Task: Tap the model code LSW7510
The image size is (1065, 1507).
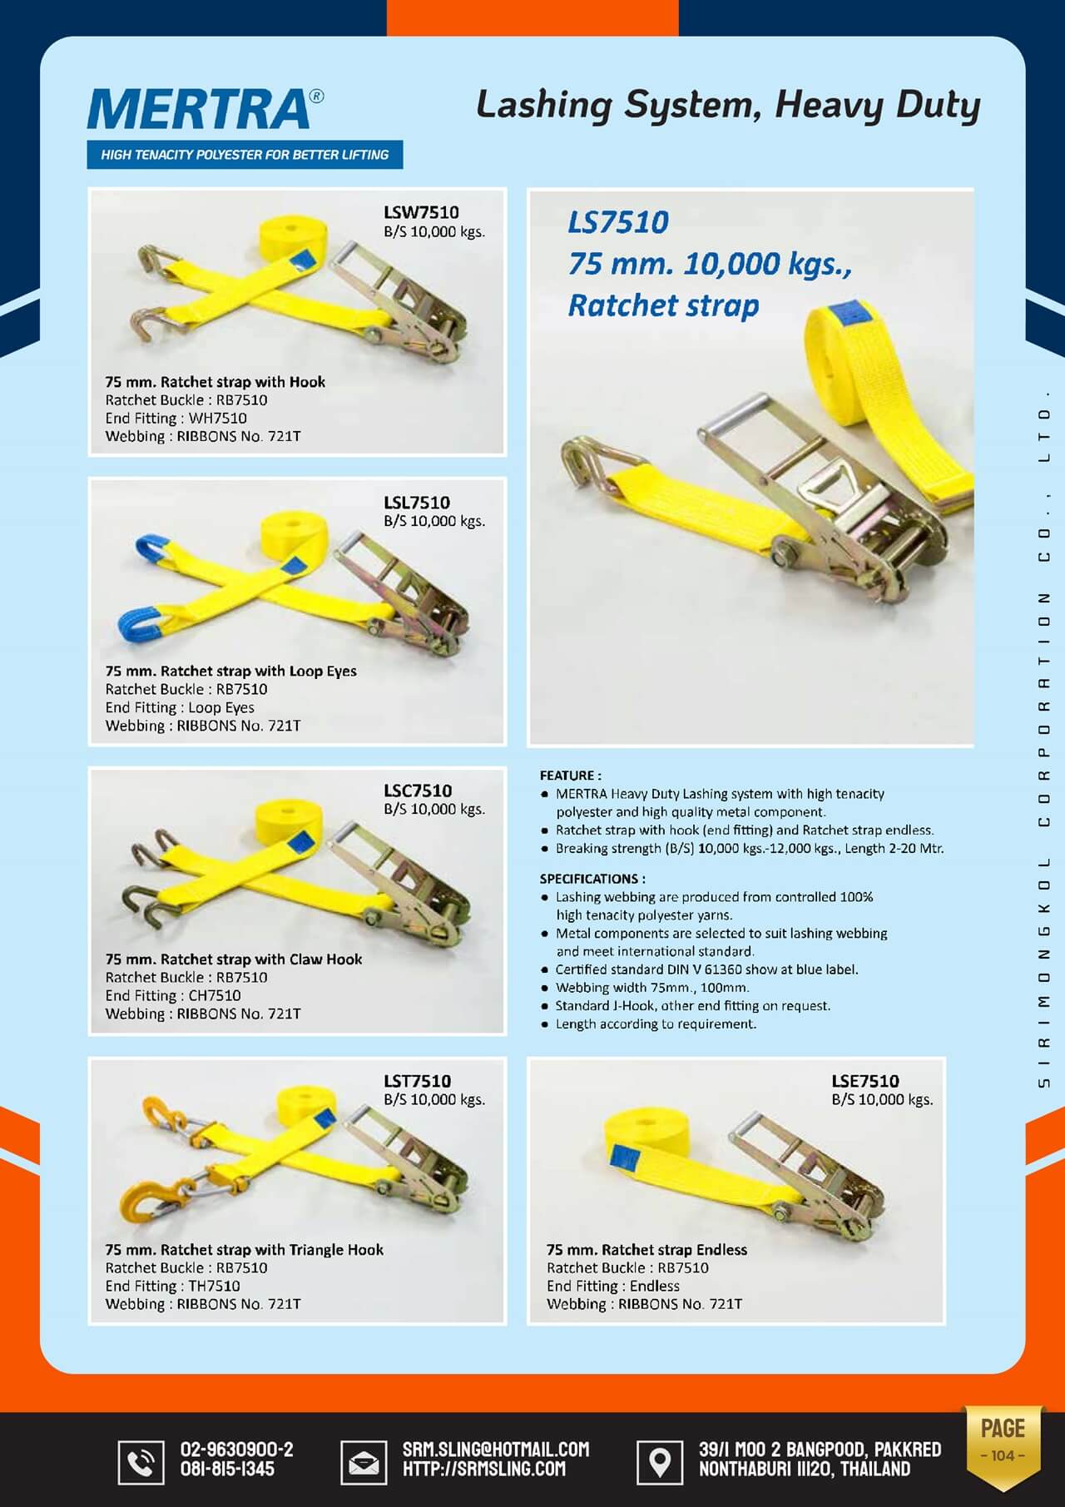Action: click(x=421, y=212)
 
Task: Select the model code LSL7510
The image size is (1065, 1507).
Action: click(x=416, y=503)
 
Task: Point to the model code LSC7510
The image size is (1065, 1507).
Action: click(x=418, y=791)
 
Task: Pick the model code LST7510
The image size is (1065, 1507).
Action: click(x=417, y=1081)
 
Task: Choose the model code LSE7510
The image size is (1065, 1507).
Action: click(x=865, y=1081)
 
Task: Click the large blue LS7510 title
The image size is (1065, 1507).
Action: click(x=618, y=222)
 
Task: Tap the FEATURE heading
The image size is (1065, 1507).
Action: click(x=570, y=776)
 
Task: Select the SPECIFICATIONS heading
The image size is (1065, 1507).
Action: click(x=592, y=879)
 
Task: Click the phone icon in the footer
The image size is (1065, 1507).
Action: click(x=141, y=1461)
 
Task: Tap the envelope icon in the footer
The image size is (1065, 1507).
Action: click(x=364, y=1461)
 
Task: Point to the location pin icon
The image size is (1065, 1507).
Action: click(x=660, y=1461)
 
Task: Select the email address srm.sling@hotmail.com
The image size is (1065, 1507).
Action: click(x=496, y=1450)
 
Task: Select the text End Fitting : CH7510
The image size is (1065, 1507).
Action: click(x=173, y=995)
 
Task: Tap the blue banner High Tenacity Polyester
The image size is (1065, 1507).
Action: click(x=245, y=155)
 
